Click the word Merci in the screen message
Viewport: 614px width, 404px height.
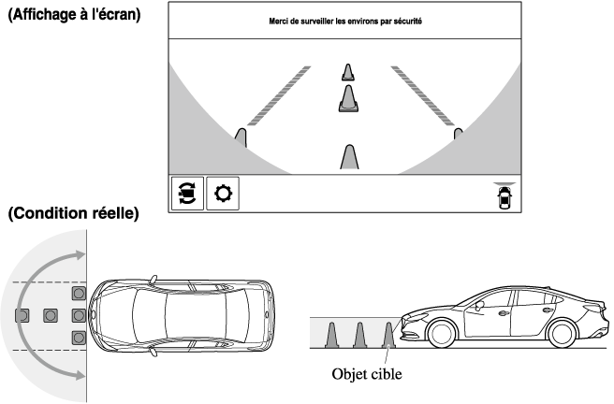pyautogui.click(x=276, y=21)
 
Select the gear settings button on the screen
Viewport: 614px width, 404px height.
pyautogui.click(x=221, y=193)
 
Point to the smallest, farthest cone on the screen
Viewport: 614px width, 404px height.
pyautogui.click(x=348, y=72)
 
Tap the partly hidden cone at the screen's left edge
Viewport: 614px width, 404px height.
pyautogui.click(x=241, y=138)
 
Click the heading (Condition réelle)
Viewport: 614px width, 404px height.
pyautogui.click(x=73, y=214)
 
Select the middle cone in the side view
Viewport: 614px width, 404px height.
pyautogui.click(x=358, y=334)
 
